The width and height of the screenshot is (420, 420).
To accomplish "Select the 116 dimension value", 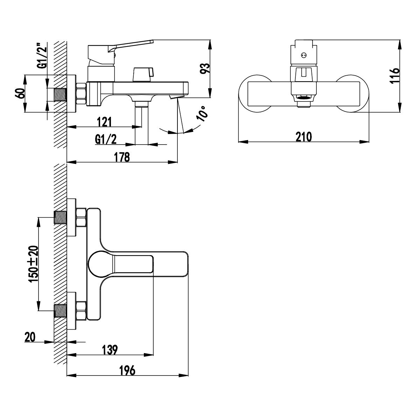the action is [395, 75].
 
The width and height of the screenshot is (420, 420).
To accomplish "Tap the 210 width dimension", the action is [304, 137].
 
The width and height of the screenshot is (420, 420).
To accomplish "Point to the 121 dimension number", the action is [104, 122].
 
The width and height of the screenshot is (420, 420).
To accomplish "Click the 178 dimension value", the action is [122, 157].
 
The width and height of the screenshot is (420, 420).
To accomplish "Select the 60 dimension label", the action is [20, 93].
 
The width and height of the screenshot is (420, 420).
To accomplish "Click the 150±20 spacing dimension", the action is [34, 264].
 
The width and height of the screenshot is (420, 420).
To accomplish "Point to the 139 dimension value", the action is [110, 350].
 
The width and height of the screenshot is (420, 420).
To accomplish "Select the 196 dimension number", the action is [127, 370].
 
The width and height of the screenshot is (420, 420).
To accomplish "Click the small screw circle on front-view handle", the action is [303, 55].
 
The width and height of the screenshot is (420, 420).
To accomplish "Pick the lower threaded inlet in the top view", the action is [60, 310].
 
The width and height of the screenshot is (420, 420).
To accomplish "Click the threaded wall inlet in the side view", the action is [60, 94].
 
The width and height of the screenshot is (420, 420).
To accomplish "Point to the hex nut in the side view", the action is [81, 94].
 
